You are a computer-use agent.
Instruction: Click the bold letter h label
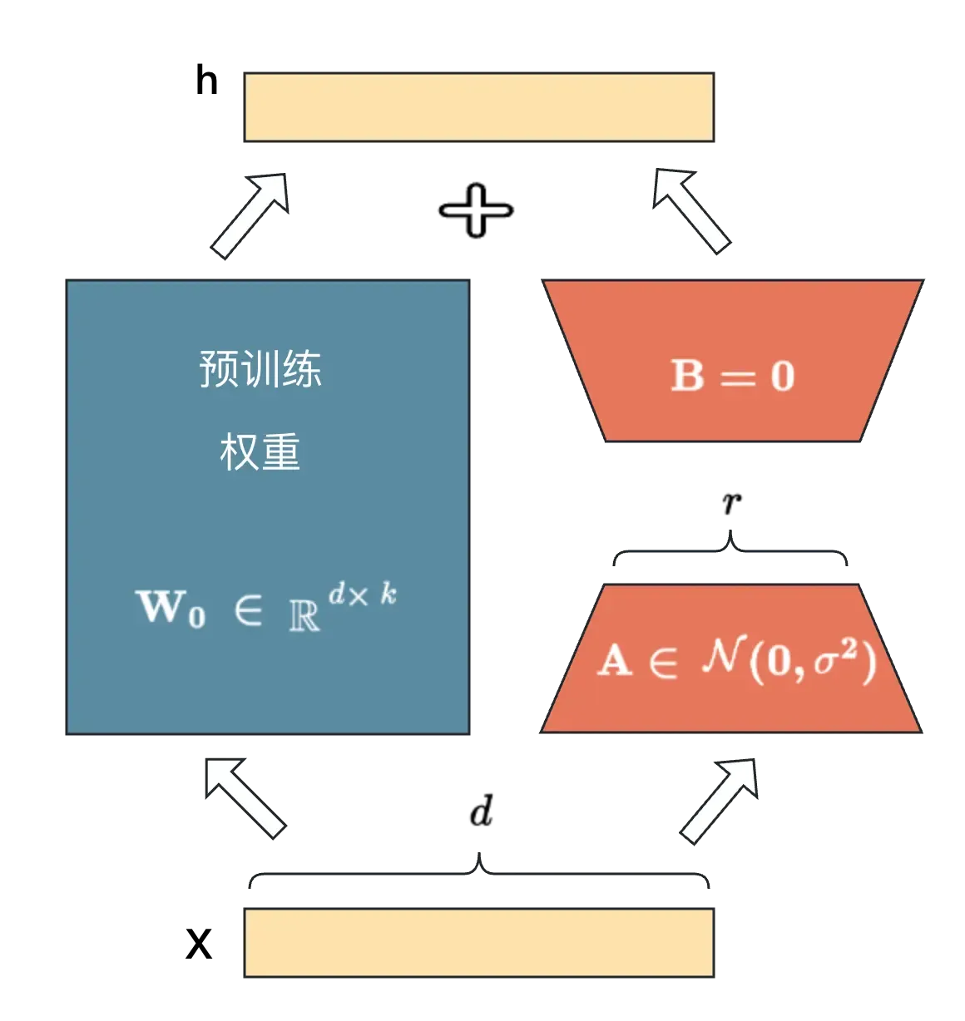[x=207, y=81]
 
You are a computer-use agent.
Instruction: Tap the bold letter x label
[x=199, y=944]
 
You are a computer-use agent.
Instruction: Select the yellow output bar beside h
[x=479, y=107]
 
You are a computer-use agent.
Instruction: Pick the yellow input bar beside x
[x=479, y=942]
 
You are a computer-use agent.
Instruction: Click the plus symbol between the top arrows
[x=477, y=210]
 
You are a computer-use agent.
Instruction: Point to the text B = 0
[x=733, y=376]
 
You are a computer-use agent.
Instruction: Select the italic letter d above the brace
[x=482, y=810]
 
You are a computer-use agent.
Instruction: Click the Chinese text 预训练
[x=260, y=368]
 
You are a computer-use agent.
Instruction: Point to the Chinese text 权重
[x=260, y=451]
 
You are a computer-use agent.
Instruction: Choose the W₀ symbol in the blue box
[x=171, y=608]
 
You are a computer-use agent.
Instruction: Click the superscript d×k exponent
[x=363, y=594]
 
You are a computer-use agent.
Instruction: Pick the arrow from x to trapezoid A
[x=720, y=802]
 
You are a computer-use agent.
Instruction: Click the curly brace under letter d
[x=479, y=872]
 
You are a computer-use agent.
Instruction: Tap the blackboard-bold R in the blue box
[x=304, y=615]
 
